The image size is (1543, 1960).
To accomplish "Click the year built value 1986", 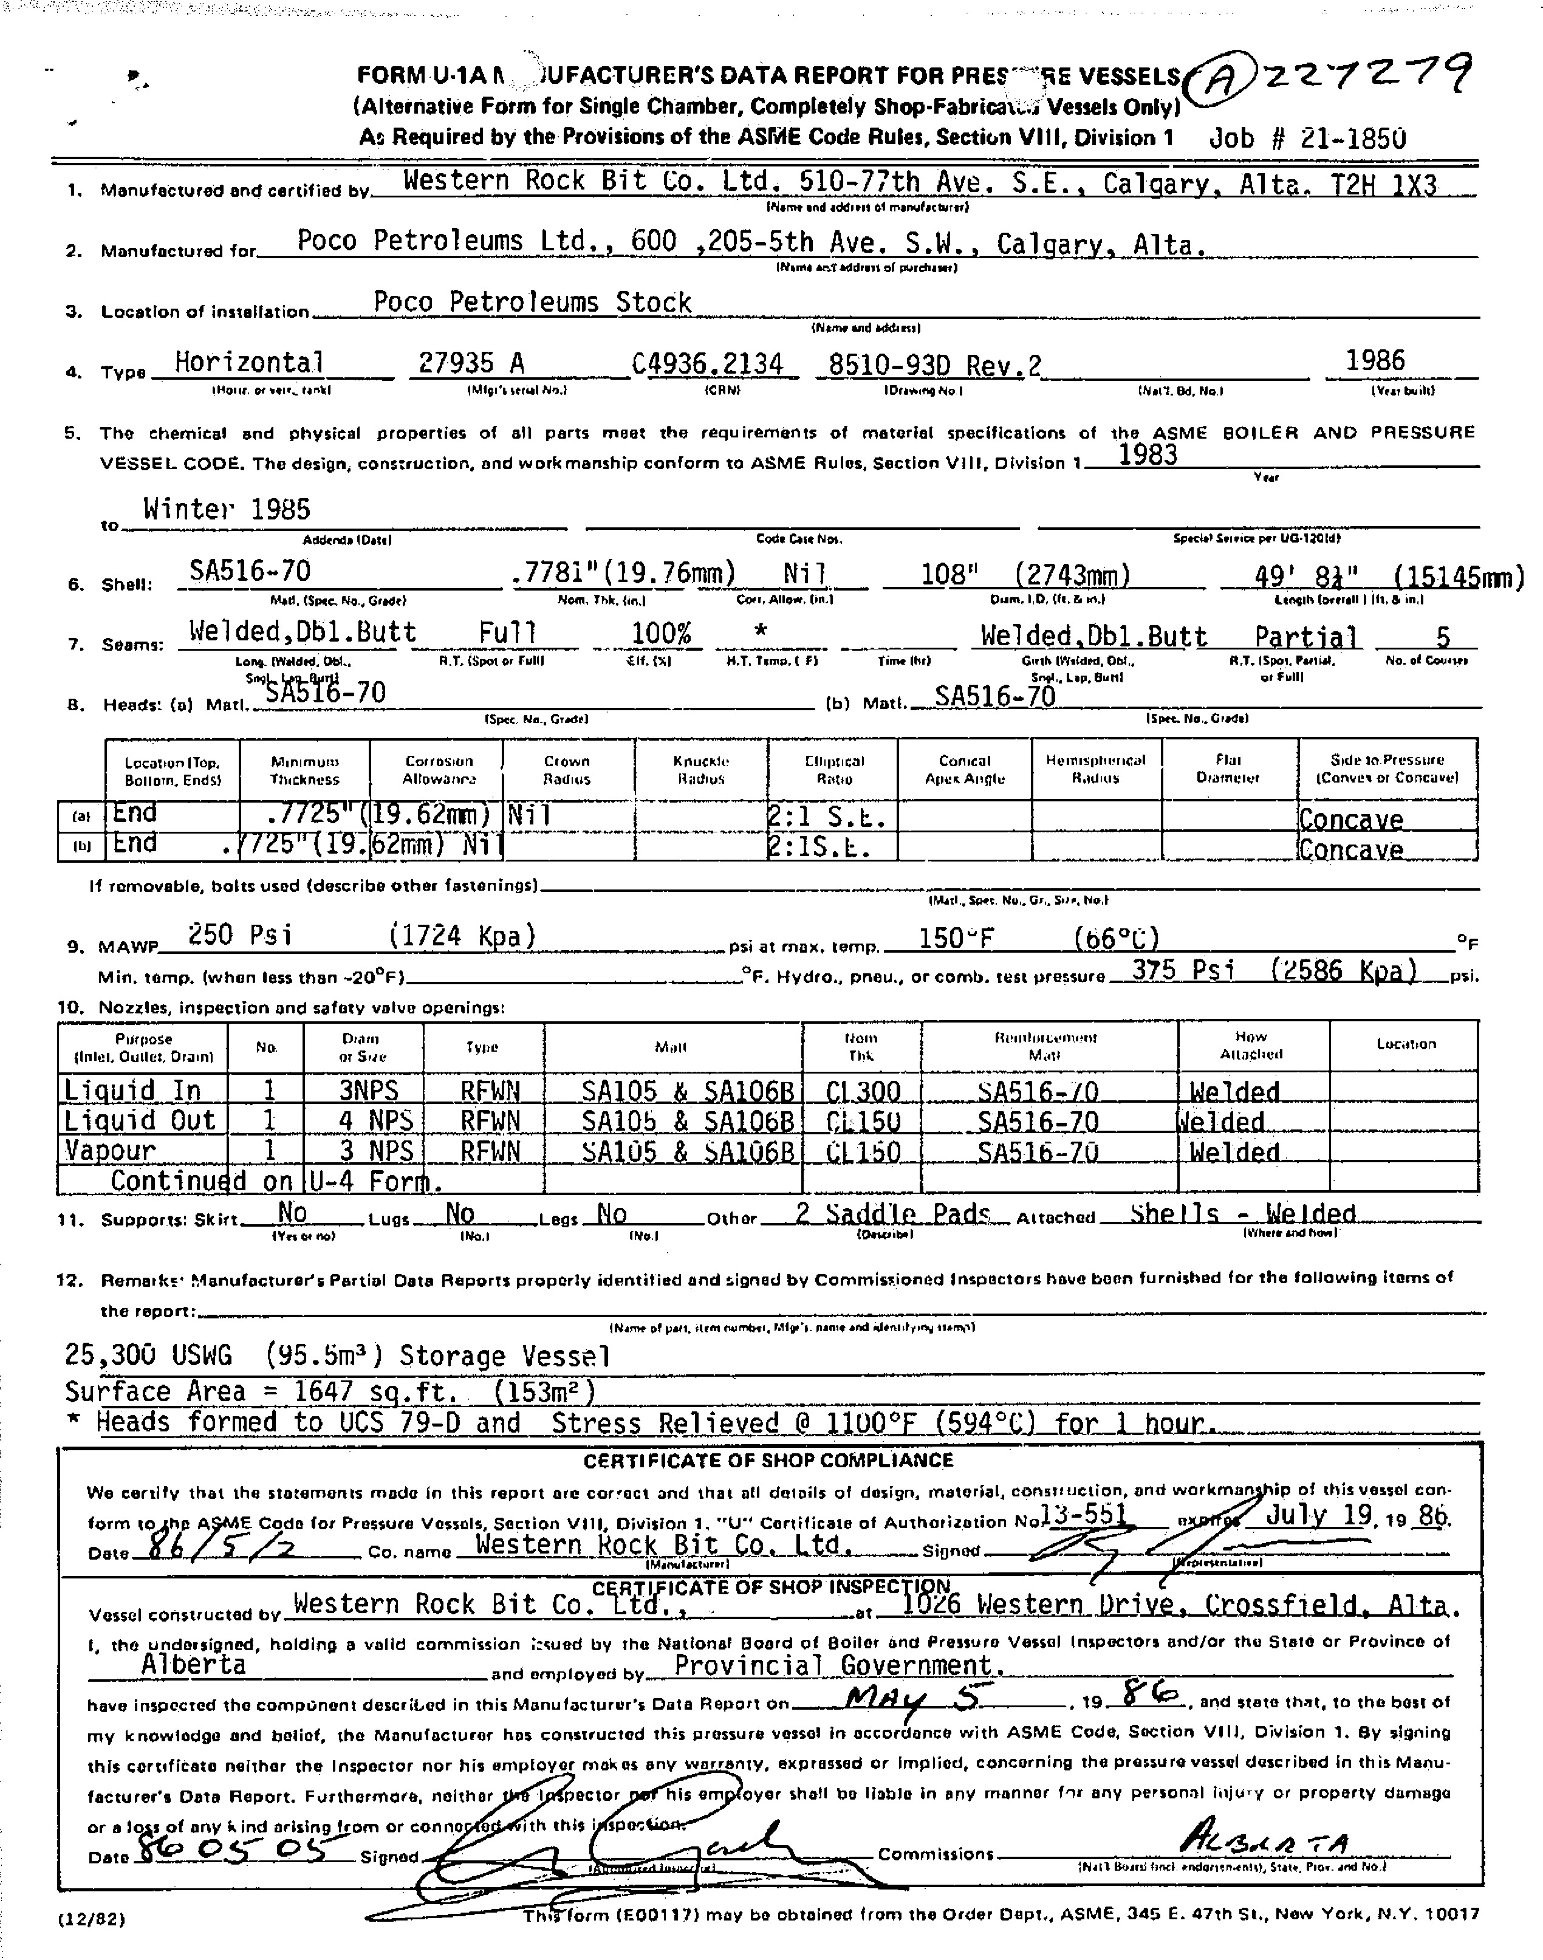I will point(1375,360).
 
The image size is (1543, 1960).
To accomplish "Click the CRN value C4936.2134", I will point(706,363).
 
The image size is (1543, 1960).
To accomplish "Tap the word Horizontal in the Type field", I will point(248,362).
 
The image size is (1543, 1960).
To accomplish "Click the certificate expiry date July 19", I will point(1319,1515).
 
